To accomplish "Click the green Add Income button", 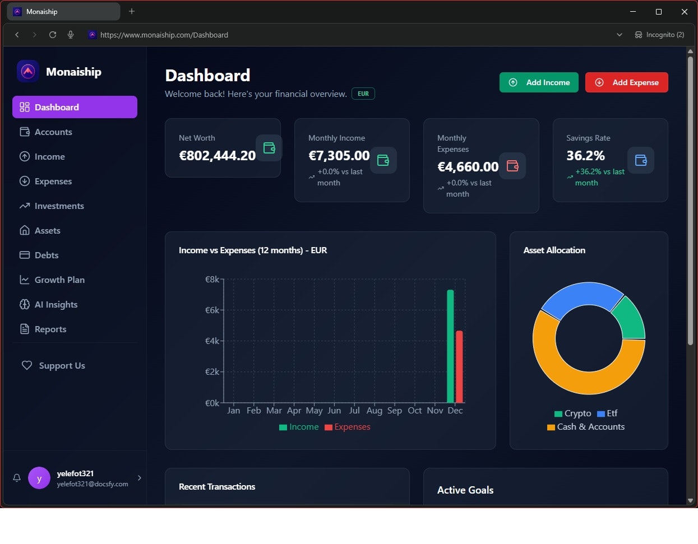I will coord(539,82).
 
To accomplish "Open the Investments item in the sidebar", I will coord(59,206).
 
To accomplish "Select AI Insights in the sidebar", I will coord(56,304).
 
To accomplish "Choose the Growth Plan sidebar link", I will coord(59,280).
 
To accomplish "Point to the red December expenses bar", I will coord(459,366).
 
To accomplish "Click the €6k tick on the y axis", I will coord(212,310).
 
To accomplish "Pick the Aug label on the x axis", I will coord(374,410).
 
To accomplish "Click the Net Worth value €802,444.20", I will coord(217,156).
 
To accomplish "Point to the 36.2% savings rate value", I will coord(585,156).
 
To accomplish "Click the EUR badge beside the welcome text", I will coord(363,94).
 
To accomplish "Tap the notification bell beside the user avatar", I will coord(17,478).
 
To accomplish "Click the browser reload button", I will coord(53,35).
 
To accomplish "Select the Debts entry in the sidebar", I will coord(46,255).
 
